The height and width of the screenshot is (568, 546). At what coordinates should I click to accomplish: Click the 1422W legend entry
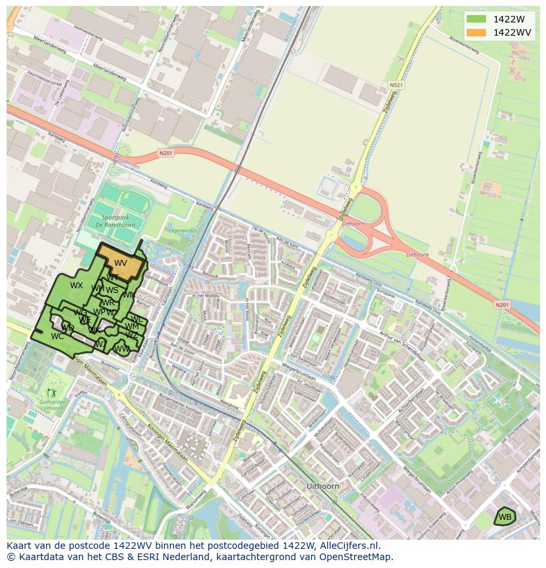coord(508,19)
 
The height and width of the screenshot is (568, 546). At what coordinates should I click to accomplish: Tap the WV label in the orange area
coord(120,263)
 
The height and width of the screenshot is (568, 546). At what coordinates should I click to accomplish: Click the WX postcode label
coord(76,286)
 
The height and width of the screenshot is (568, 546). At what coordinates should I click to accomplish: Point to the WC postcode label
coord(57,336)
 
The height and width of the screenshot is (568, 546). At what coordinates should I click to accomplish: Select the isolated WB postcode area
coord(504,517)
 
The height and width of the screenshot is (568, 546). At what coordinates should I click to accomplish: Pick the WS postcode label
coord(112,290)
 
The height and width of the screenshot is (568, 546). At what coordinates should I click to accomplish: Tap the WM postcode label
coord(132,327)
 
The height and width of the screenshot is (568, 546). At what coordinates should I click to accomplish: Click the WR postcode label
coord(107,303)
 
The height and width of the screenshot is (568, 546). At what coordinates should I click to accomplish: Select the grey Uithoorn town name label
coord(322,486)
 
